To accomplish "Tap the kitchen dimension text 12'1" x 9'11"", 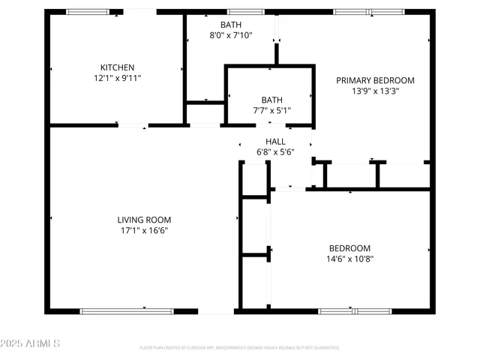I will [116, 77].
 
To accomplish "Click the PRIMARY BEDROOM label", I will [375, 80].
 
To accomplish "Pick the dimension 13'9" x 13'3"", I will [375, 91].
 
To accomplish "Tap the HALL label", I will [275, 141].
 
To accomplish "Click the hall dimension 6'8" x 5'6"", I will [275, 152].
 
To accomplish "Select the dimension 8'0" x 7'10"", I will [231, 35].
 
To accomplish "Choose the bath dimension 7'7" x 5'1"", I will [271, 111].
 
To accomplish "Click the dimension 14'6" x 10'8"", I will [349, 259].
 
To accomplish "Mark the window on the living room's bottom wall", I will [127, 310].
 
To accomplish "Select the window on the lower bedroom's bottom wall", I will [354, 310].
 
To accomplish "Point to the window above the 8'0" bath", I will [240, 12].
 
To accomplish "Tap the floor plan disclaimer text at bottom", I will [239, 348].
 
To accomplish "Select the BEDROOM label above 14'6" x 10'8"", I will [349, 248].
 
